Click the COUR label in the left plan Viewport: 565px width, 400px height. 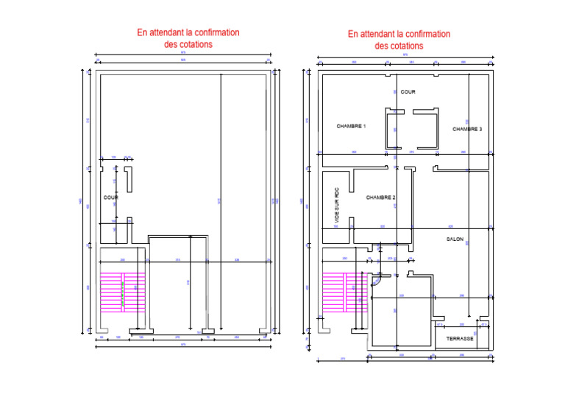click(x=111, y=197)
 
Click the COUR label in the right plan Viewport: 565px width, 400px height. click(x=408, y=92)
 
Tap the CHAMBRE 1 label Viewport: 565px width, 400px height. click(x=352, y=126)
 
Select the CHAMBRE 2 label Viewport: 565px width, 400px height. click(x=381, y=197)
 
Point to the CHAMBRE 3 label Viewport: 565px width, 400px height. click(x=467, y=129)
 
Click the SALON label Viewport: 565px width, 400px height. click(x=455, y=239)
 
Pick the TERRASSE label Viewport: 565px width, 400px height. click(x=460, y=338)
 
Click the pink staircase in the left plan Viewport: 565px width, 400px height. click(x=123, y=292)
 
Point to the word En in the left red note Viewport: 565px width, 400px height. click(x=143, y=33)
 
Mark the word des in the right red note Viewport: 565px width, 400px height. click(x=383, y=46)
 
